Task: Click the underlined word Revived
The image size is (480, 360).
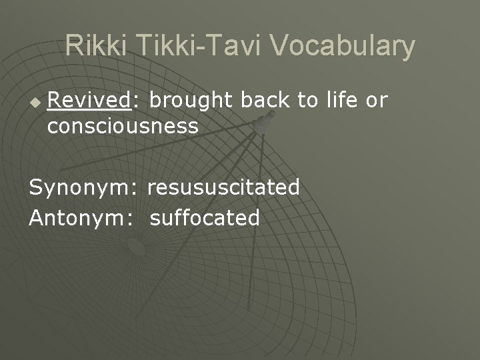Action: coord(91,101)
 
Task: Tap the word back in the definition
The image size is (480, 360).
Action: coord(265,101)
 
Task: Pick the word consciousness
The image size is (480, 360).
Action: coord(123,125)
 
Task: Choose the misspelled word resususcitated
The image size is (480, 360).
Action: coord(223,188)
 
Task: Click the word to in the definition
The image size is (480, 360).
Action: coord(307,101)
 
